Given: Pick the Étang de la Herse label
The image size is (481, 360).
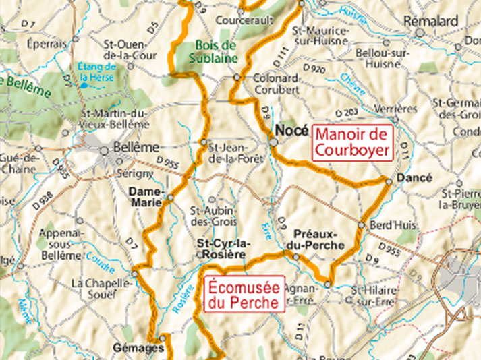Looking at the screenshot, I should pos(97,71).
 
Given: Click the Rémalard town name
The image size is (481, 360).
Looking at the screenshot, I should pos(431,21).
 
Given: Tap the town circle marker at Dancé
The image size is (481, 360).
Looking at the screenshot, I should pos(389,181).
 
